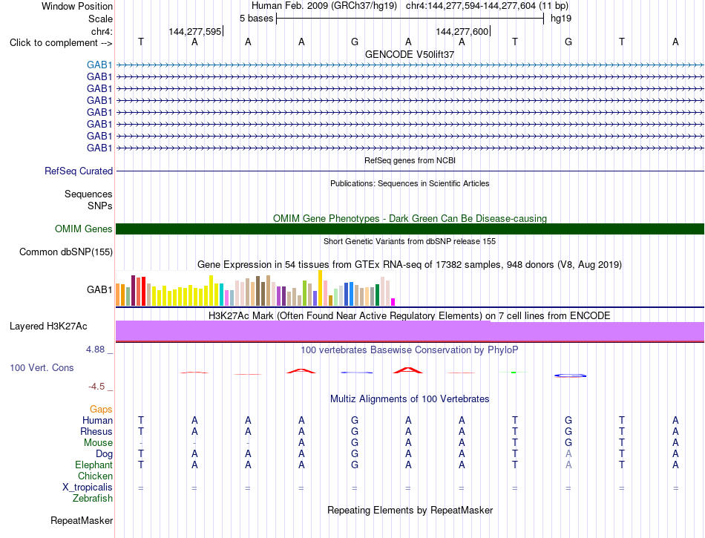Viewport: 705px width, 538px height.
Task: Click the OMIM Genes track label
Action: tap(84, 229)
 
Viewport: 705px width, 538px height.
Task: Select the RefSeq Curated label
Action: tap(79, 171)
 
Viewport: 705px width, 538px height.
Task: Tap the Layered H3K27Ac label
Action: tap(48, 327)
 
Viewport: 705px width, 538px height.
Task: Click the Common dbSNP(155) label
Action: tap(66, 252)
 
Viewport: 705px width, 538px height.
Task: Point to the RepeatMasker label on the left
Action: tap(82, 520)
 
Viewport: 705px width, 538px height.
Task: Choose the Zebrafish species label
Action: tap(93, 498)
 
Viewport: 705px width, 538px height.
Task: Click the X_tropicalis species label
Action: tap(88, 488)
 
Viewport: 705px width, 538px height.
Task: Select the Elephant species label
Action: tap(94, 465)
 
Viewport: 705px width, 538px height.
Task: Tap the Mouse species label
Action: tap(98, 443)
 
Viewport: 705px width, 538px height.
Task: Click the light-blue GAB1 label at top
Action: tap(99, 65)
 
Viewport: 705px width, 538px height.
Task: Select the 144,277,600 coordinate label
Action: tap(462, 31)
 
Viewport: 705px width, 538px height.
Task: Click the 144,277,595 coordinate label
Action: tap(195, 31)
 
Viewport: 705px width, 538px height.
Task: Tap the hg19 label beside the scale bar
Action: tap(561, 19)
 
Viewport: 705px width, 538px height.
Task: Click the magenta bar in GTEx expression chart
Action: tap(393, 302)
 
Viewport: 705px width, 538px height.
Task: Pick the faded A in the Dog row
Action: tap(568, 453)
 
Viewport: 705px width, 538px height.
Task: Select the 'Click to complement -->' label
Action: tap(61, 43)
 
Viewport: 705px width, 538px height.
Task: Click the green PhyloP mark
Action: tap(514, 373)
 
